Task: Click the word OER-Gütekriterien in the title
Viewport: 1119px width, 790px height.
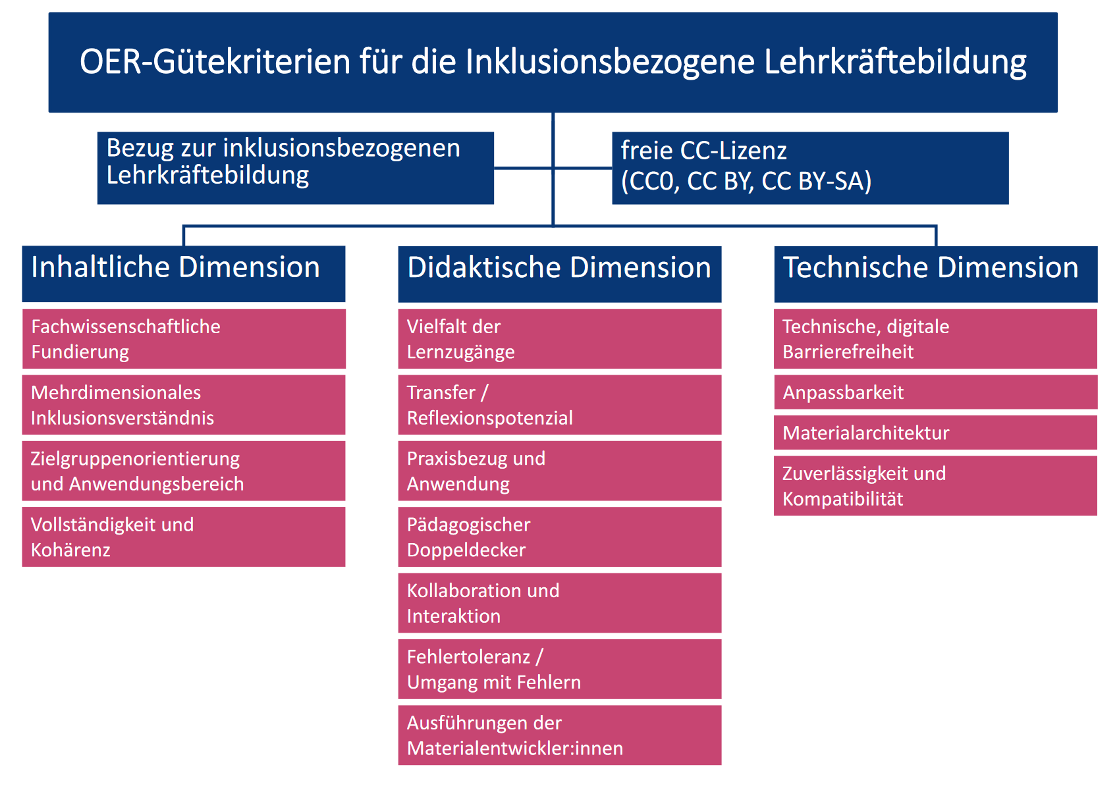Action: point(215,62)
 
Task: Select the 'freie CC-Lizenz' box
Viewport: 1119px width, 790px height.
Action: point(810,168)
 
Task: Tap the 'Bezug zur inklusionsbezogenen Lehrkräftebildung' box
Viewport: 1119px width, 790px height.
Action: point(296,168)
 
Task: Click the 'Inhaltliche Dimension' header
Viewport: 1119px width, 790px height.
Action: point(184,274)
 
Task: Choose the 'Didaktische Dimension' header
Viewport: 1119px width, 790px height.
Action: point(560,274)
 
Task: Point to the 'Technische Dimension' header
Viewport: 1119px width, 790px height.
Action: point(936,274)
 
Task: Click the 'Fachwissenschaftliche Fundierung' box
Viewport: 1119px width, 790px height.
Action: point(184,338)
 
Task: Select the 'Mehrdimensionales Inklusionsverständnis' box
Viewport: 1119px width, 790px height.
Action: point(184,405)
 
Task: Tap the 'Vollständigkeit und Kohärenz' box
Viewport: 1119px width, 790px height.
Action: point(184,537)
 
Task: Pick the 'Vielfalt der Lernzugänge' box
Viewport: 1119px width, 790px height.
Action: point(560,338)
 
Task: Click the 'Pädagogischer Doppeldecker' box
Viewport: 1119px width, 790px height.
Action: point(560,537)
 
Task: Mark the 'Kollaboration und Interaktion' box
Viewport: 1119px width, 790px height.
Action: point(560,603)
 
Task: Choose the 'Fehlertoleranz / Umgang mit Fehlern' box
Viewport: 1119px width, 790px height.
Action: point(560,669)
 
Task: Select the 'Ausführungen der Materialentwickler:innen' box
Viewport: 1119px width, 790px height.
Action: point(560,735)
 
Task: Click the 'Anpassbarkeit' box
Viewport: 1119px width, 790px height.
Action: point(936,392)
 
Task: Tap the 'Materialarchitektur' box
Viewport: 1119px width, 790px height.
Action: point(936,433)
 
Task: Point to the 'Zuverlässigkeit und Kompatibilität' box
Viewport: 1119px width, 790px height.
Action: point(936,485)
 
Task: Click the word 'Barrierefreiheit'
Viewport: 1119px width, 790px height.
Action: point(848,352)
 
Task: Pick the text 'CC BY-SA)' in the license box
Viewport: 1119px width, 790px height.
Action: point(816,181)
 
